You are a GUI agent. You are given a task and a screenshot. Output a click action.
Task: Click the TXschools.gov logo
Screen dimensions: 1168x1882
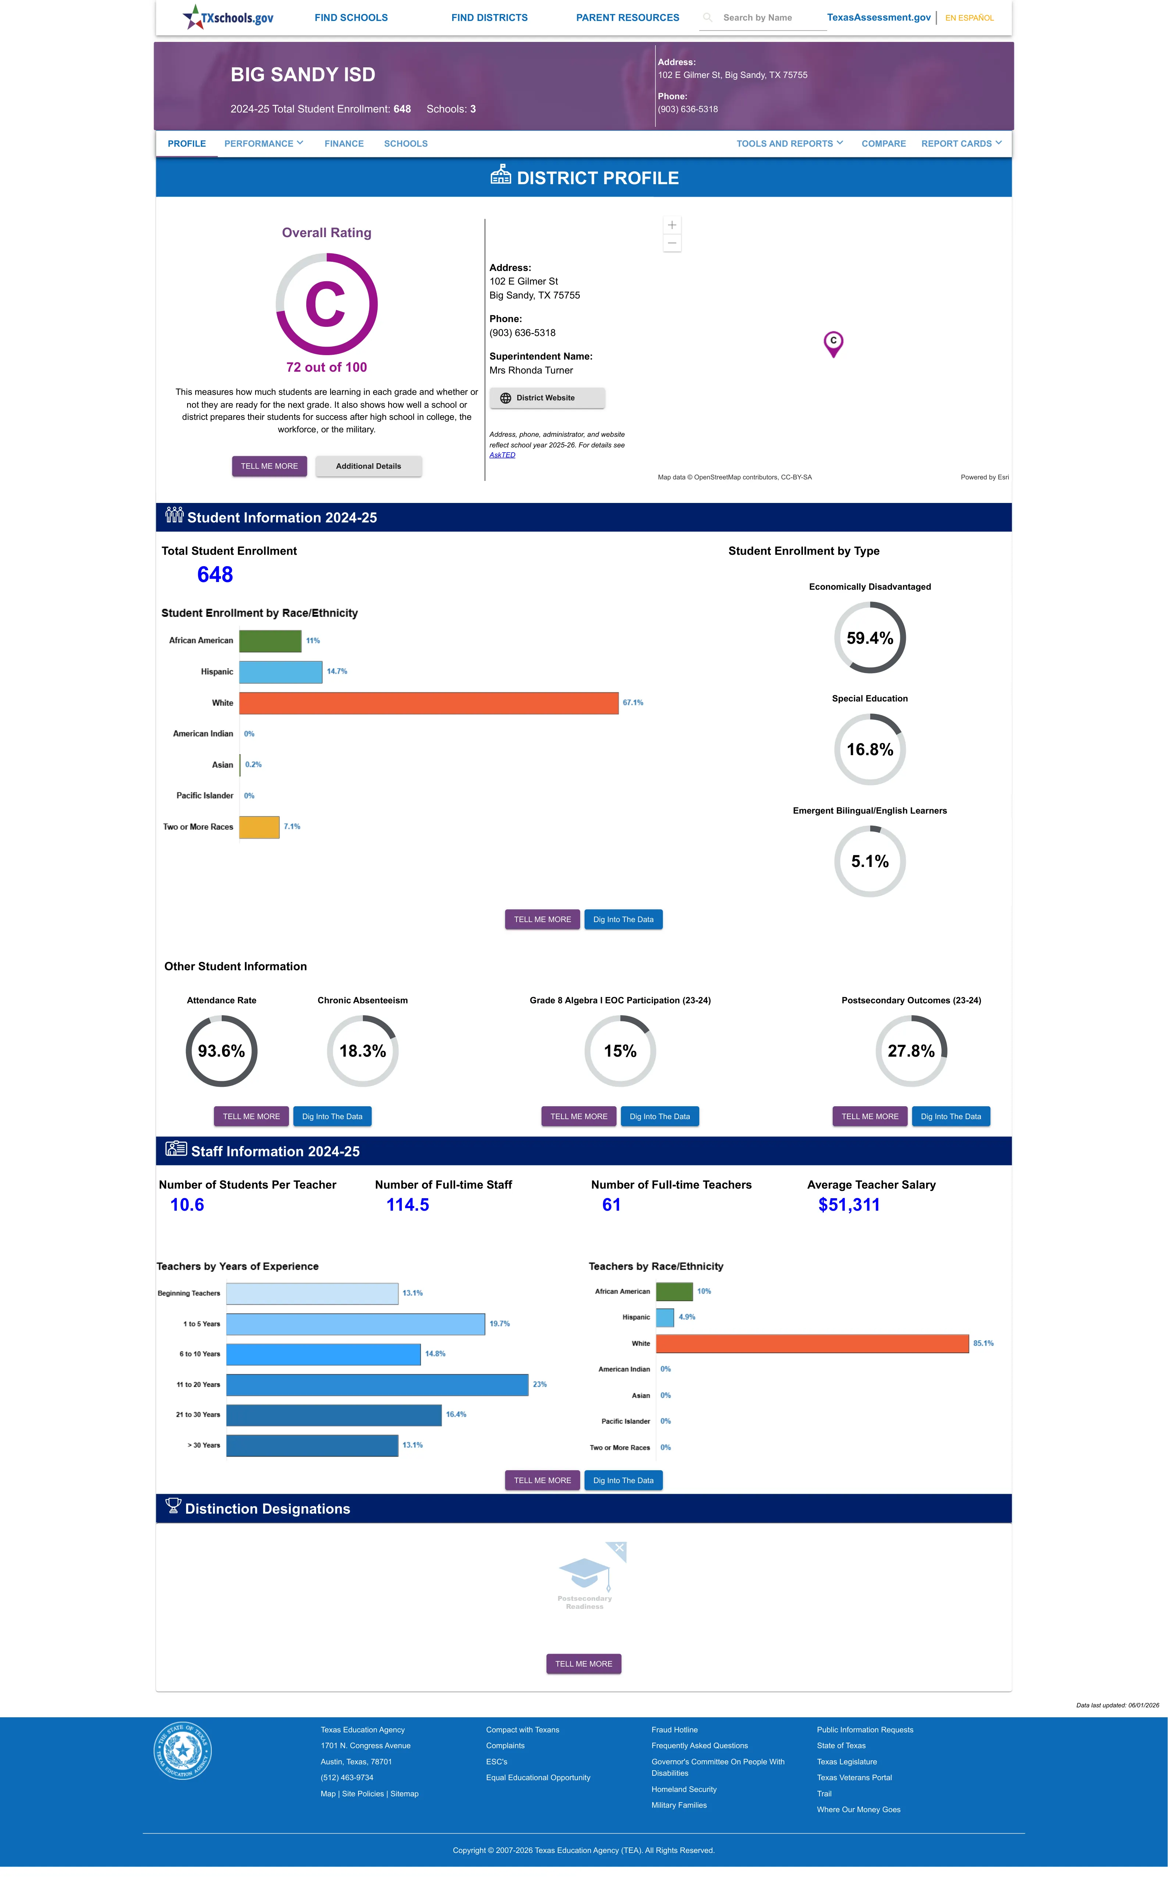click(228, 17)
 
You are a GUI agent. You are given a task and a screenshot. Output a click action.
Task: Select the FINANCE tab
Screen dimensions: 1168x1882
click(344, 144)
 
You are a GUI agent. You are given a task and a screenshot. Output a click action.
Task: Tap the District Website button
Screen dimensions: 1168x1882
click(547, 398)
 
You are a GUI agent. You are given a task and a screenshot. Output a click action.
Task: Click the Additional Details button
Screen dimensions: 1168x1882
click(368, 467)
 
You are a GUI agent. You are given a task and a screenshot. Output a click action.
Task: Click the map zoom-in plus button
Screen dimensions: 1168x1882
click(672, 225)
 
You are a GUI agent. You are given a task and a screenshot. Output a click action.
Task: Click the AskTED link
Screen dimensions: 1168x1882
click(502, 455)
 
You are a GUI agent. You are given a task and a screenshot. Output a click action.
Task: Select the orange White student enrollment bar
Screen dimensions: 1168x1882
click(429, 703)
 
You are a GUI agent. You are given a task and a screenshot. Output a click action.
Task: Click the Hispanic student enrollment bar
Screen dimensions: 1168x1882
click(281, 672)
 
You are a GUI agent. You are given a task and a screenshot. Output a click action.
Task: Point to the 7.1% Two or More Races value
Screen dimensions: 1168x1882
click(292, 826)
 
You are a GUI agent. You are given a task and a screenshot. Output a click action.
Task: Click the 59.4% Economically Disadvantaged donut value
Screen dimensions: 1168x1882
click(870, 638)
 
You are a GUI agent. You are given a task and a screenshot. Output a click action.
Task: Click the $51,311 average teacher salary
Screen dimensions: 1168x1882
click(849, 1205)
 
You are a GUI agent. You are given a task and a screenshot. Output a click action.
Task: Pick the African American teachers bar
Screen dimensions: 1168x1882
click(674, 1291)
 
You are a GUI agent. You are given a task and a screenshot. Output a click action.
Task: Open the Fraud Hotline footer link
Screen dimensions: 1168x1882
click(674, 1730)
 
